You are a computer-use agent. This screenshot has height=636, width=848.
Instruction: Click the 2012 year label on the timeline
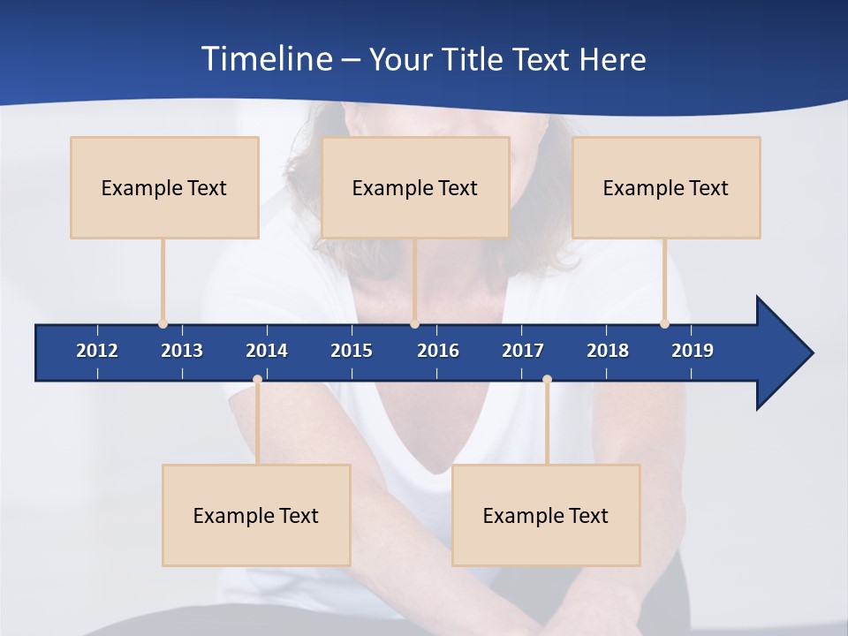97,351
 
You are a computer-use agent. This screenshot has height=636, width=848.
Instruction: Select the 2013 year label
182,351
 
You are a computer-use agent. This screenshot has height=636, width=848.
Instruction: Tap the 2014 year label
267,351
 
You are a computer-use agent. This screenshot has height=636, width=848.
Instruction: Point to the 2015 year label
352,351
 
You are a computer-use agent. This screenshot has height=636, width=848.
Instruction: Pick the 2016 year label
438,351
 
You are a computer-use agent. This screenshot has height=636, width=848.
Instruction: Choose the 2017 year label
523,351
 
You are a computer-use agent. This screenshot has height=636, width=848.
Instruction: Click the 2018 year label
608,351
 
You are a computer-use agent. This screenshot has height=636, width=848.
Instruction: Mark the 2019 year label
693,351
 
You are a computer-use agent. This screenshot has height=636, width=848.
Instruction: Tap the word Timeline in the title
266,59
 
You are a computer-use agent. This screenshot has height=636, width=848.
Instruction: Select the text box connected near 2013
164,187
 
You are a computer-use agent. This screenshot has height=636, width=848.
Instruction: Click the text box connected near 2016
415,187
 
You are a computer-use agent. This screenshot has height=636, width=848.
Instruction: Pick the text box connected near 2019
666,187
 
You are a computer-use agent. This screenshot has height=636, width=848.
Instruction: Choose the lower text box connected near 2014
256,515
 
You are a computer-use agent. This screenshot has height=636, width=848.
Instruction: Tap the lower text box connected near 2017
546,515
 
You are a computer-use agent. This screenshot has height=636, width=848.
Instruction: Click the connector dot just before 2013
163,323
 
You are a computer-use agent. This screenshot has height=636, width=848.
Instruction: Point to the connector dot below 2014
257,380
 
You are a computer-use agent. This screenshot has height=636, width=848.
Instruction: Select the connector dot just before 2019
664,323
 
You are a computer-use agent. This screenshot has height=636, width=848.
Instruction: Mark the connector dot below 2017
547,380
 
